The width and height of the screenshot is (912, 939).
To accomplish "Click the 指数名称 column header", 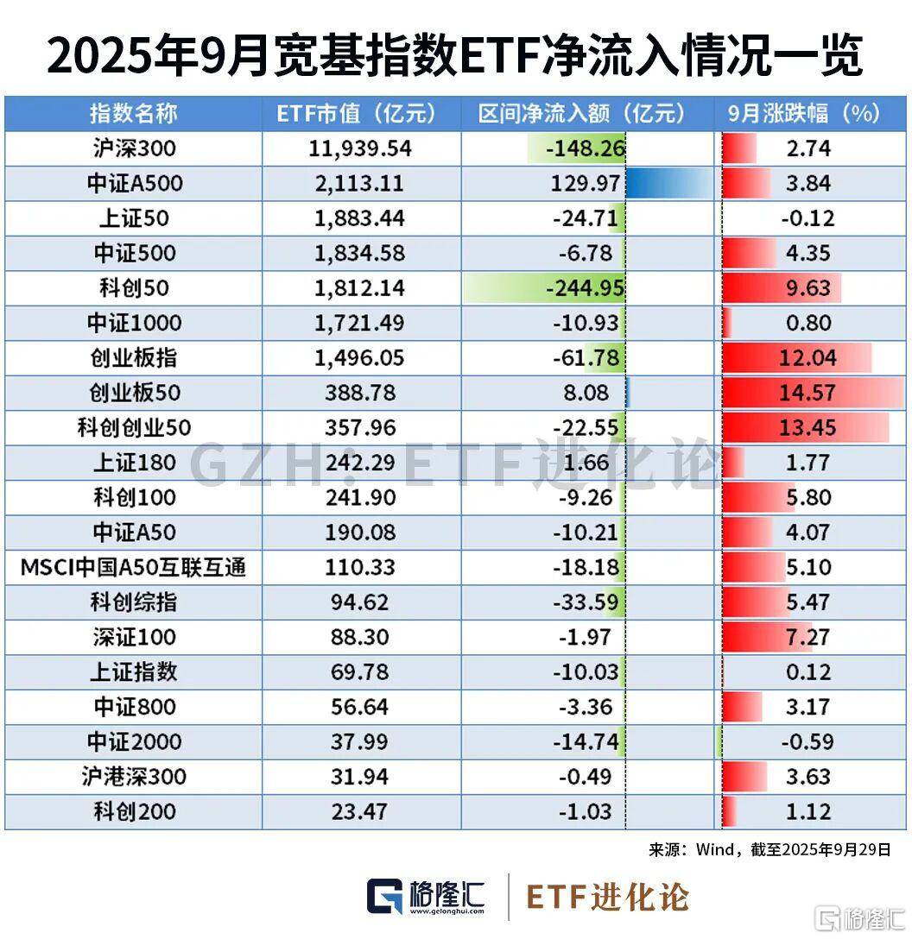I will [133, 114].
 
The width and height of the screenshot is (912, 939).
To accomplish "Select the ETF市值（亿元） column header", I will [361, 114].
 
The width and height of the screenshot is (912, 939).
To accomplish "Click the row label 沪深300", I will [133, 148].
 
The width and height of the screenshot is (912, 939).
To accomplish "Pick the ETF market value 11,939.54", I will [361, 148].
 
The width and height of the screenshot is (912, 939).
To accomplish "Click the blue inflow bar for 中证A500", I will [669, 183].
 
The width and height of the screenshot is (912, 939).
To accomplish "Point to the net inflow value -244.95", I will [585, 287].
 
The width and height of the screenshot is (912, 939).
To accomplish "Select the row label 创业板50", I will [133, 393].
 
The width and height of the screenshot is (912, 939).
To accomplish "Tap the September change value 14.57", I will [808, 393].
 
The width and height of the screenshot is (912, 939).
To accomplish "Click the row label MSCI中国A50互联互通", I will [133, 567].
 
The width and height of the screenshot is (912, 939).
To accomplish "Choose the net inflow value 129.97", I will [585, 183].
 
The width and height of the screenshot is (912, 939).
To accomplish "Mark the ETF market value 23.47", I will [361, 811].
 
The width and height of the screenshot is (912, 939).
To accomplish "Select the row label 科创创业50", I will [133, 427].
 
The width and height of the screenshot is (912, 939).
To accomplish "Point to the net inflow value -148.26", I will [585, 148].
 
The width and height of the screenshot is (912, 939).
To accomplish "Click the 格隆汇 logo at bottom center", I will [427, 897].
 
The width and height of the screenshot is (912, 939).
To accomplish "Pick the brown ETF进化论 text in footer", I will [608, 897].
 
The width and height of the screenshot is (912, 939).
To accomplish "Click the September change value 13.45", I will [808, 427].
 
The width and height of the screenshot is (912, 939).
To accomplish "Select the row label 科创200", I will [133, 811].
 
